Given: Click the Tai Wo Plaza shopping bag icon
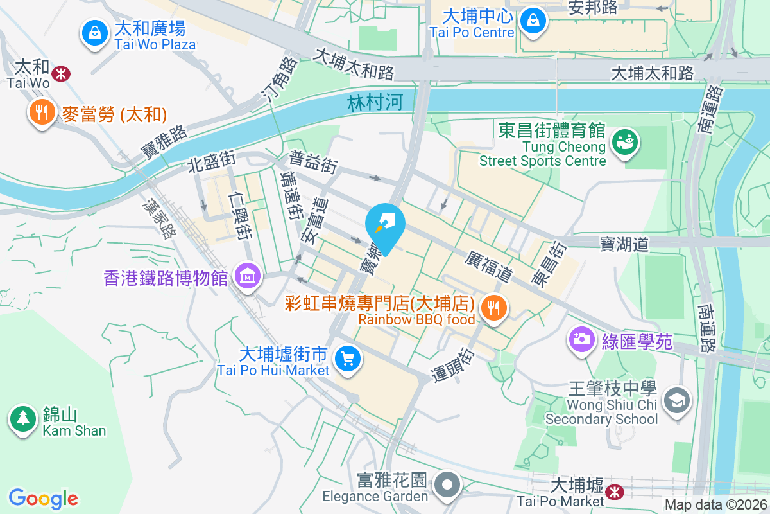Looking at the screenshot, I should pos(95,31).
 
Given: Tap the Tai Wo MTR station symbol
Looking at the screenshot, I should pos(62,74).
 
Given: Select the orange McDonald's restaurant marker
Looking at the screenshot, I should pos(42,113).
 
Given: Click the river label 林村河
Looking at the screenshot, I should pos(370,103).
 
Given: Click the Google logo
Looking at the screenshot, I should pos(43,499).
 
